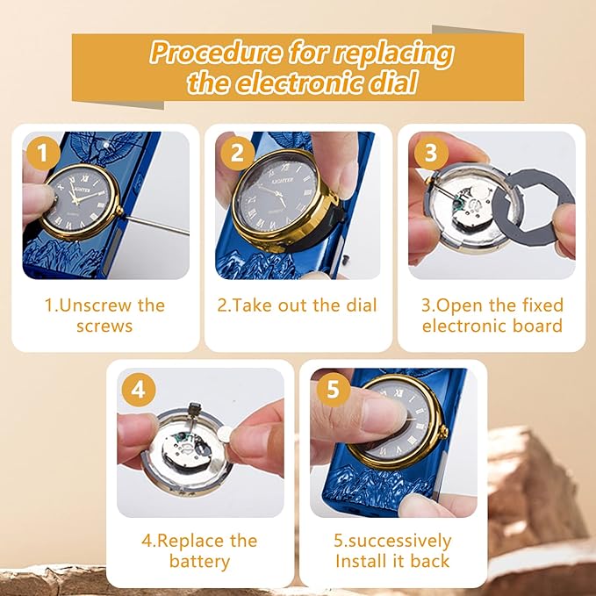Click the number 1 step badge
(x=43, y=154)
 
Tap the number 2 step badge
(x=238, y=154)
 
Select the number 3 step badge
(x=431, y=154)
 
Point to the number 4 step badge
(x=139, y=390)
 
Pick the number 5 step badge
(x=334, y=390)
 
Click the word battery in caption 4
(x=199, y=561)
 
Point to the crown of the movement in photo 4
(x=194, y=409)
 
